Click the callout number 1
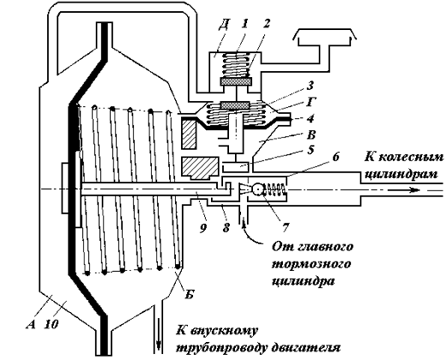[244, 25]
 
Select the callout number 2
[266, 24]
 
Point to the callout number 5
[311, 150]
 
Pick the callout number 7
[285, 227]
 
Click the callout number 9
[203, 227]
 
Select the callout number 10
[52, 324]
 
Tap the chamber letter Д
[224, 25]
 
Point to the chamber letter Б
[190, 293]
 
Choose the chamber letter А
[32, 324]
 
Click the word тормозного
[311, 264]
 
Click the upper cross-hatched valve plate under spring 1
[236, 81]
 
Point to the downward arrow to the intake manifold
[159, 328]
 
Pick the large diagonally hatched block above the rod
[199, 168]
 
